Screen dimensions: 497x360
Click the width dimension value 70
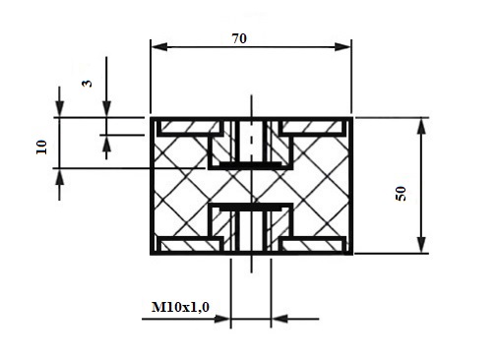point(239,38)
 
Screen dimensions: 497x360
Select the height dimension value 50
point(401,194)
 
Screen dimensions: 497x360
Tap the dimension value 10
point(41,148)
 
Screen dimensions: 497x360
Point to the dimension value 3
point(87,84)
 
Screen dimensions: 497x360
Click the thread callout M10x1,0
point(180,307)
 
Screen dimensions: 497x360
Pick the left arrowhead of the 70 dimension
point(159,46)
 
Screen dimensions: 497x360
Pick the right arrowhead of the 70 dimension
point(342,46)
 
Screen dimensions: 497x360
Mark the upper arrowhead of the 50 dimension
point(421,126)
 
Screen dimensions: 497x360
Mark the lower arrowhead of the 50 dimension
point(421,245)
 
